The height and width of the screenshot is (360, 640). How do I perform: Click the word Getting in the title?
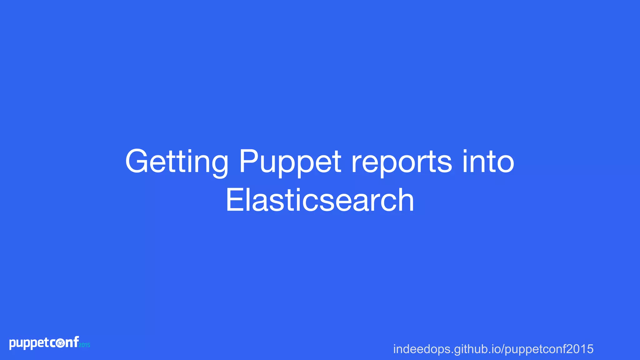coord(177,162)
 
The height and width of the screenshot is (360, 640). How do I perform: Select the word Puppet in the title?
coord(290,162)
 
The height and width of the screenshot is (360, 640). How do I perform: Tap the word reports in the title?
coord(402,162)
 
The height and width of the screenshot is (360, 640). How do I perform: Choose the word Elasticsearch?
coord(320,200)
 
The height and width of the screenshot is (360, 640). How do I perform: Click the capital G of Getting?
coord(136,162)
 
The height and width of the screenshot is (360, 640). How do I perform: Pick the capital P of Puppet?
coord(248,162)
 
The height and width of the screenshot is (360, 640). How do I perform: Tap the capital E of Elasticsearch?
coord(234,200)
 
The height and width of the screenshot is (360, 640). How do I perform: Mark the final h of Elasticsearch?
coord(405,200)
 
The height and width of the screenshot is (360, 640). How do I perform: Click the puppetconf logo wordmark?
coord(44,343)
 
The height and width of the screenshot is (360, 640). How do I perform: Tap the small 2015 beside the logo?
coord(84,345)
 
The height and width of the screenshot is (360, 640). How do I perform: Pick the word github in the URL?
coord(468,349)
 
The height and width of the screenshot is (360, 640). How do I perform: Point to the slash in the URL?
coord(502,349)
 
